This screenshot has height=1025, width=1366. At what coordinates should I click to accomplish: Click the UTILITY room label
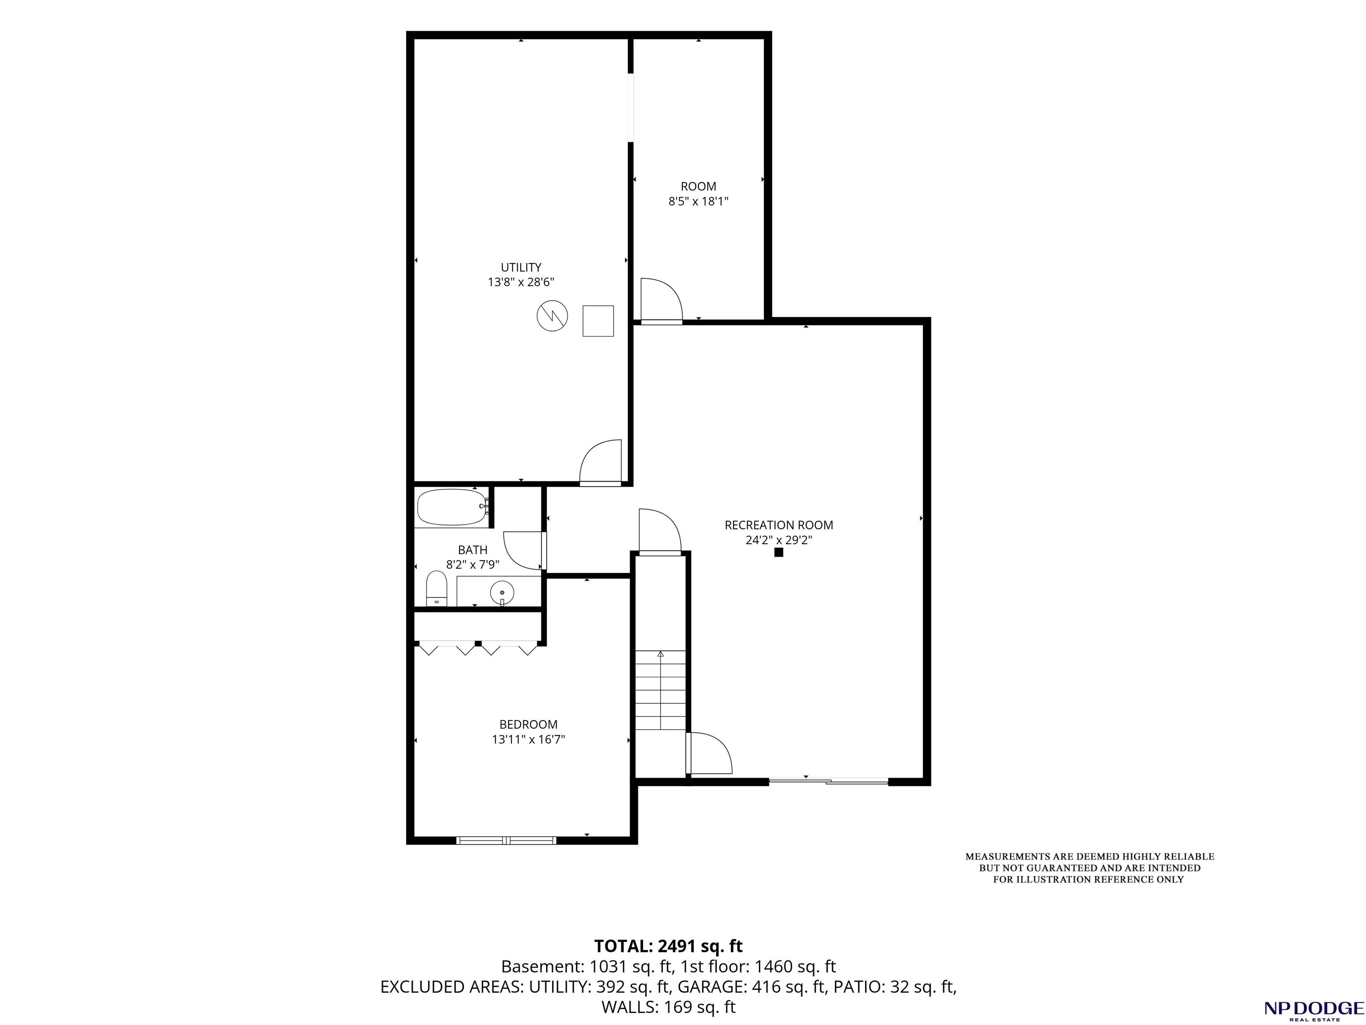click(x=520, y=267)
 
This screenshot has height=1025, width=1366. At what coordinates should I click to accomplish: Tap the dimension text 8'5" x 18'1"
click(x=698, y=201)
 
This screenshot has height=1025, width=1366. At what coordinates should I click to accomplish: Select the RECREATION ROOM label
click(x=779, y=525)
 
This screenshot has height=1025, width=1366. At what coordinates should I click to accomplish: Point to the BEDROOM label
click(x=528, y=724)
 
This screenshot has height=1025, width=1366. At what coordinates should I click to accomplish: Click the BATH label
click(x=472, y=549)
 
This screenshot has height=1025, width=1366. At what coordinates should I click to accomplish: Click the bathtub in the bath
click(x=452, y=507)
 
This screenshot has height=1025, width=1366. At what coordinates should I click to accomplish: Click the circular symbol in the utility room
click(x=552, y=316)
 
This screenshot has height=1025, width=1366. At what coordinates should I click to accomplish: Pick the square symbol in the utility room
click(x=598, y=321)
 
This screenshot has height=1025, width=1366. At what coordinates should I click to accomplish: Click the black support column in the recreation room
click(x=779, y=553)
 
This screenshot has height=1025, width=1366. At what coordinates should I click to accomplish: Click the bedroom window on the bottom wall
click(x=506, y=840)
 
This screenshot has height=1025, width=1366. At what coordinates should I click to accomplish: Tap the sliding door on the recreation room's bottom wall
click(x=828, y=782)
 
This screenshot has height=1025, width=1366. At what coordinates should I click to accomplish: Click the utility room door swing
click(x=600, y=462)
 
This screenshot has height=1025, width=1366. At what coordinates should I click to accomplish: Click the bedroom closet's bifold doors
click(x=477, y=649)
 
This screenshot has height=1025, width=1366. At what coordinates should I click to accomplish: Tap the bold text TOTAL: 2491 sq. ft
click(x=668, y=946)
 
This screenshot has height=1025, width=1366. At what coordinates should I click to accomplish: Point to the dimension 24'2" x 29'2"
click(x=779, y=540)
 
